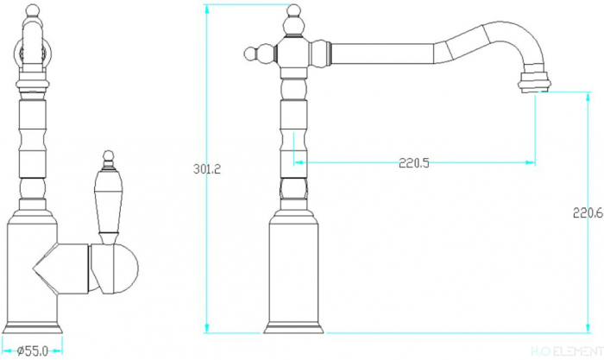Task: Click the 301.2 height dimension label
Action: point(207,169)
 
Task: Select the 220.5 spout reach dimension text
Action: point(413,163)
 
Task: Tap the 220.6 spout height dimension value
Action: point(588,212)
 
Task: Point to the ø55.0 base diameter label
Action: point(33,351)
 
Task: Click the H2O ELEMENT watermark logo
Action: point(567,351)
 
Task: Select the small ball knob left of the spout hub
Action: point(255,54)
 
